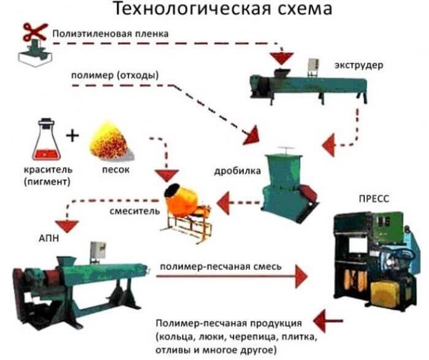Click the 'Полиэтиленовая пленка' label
[109, 33]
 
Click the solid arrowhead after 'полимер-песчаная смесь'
[300, 276]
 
